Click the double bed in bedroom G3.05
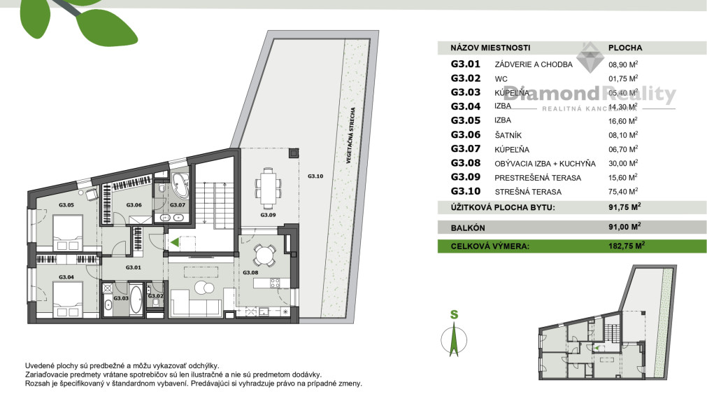pos(66,232)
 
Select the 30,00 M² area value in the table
pos(623,163)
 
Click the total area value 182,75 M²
pos(626,246)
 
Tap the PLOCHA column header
pos(625,48)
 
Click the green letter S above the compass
pos(454,315)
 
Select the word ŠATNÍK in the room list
pos(508,135)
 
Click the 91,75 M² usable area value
pos(624,207)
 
